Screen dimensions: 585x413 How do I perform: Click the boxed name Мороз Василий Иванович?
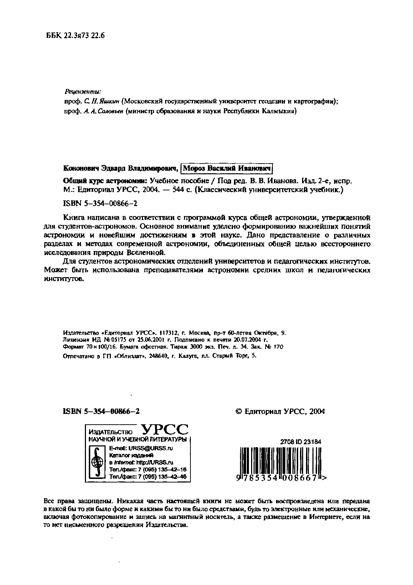point(227,168)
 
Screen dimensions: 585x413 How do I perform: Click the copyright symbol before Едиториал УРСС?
point(239,411)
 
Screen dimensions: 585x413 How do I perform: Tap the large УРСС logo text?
point(165,430)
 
